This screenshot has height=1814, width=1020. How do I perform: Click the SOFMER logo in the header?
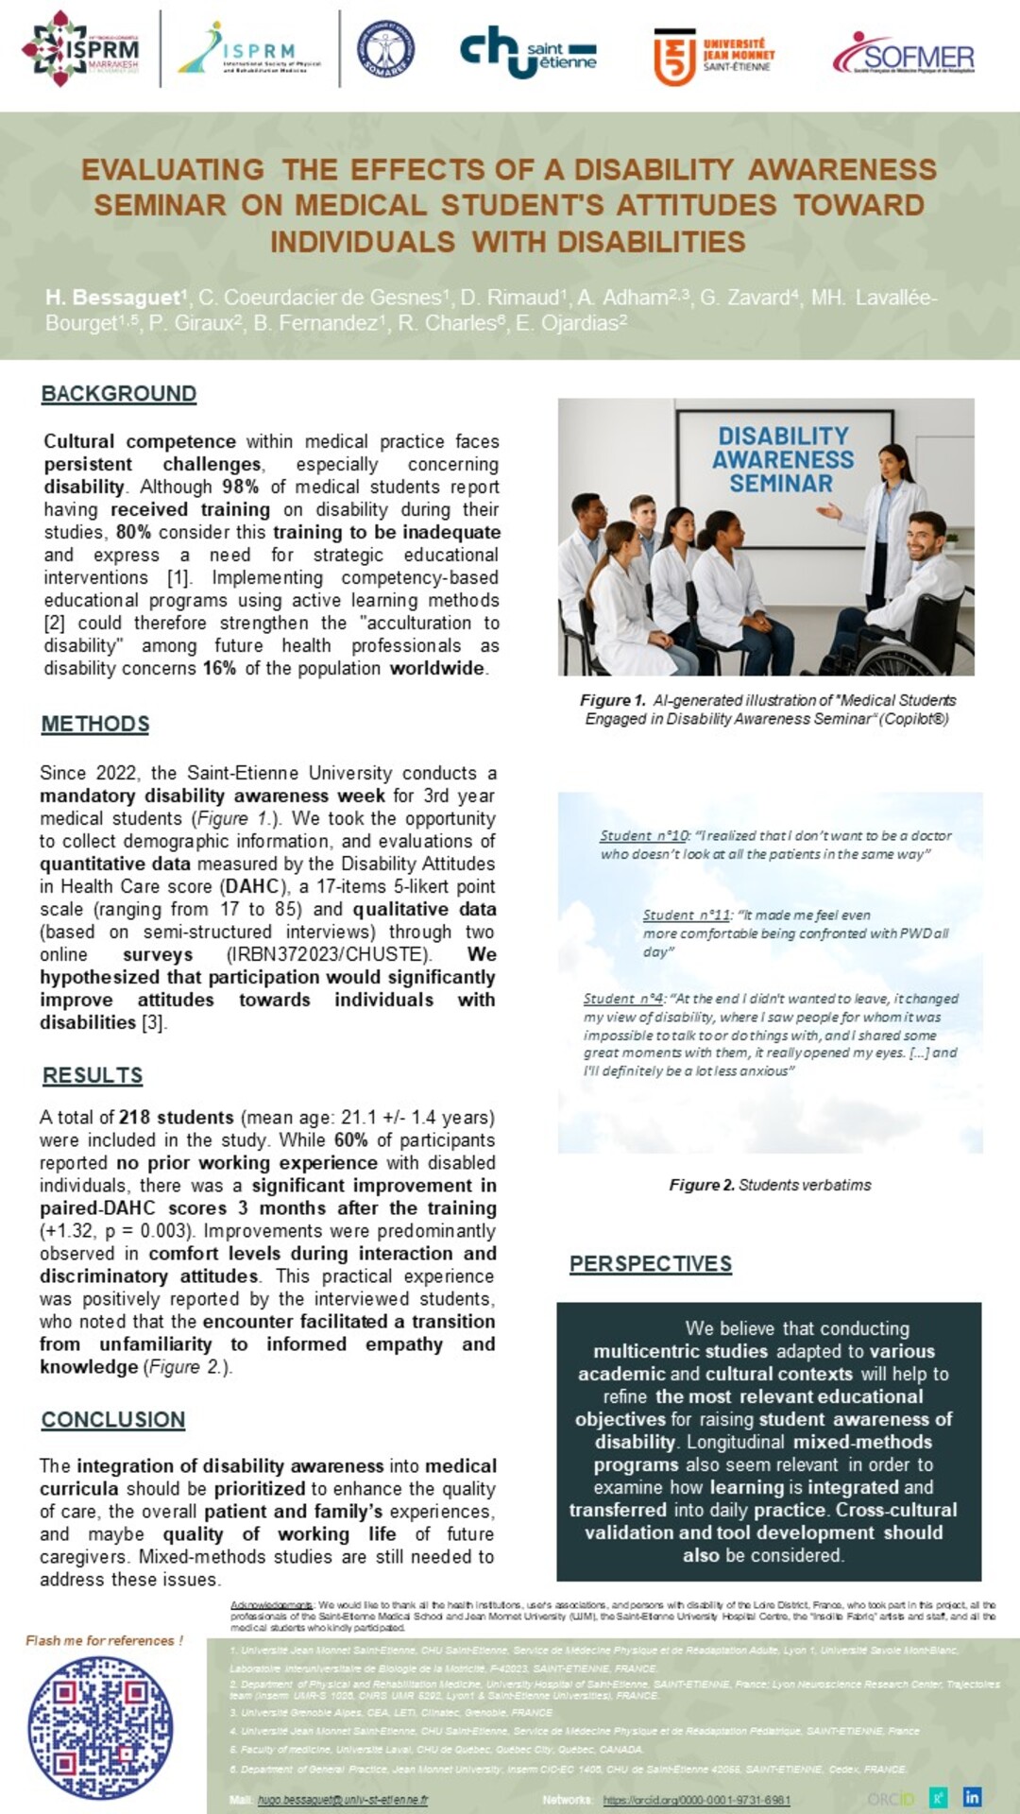tap(904, 55)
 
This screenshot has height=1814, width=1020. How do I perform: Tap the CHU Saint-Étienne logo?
tap(528, 53)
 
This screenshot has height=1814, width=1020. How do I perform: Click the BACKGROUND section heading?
tap(119, 394)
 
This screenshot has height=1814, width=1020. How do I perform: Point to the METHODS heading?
tap(95, 724)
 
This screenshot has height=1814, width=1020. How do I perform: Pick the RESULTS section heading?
tap(93, 1075)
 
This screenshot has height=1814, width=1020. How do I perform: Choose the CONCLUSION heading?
tap(113, 1419)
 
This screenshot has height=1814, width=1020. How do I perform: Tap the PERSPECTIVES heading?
tap(651, 1263)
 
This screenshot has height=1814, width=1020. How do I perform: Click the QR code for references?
tap(100, 1728)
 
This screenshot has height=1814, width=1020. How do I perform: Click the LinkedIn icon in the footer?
tap(972, 1796)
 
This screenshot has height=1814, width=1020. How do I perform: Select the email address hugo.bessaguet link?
tap(342, 1800)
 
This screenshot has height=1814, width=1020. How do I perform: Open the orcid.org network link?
tap(696, 1800)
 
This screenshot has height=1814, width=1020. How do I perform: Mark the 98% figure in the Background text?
tap(240, 487)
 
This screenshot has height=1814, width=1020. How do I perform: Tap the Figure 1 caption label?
tap(612, 700)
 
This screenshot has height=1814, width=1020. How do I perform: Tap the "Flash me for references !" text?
tap(104, 1640)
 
